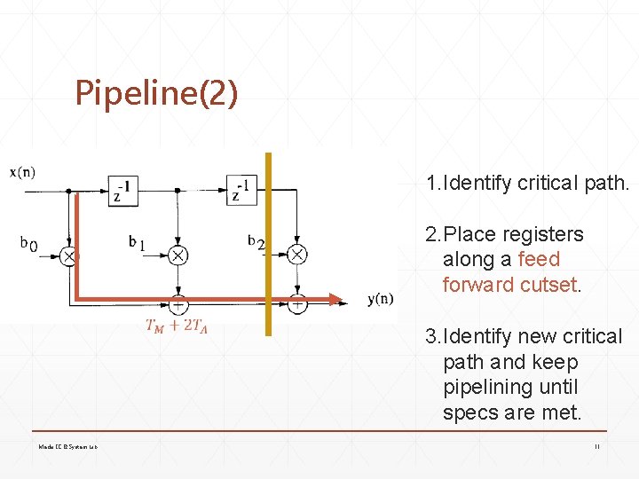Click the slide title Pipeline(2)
(156, 92)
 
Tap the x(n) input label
(23, 172)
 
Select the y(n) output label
(381, 299)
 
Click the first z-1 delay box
(123, 190)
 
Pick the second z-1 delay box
(241, 190)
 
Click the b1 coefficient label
(137, 241)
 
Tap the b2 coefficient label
(256, 241)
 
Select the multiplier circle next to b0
(68, 255)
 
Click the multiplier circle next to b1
(178, 255)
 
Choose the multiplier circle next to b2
(297, 255)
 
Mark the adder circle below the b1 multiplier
(178, 303)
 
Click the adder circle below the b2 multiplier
(297, 303)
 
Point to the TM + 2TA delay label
(177, 325)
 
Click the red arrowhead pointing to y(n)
(335, 299)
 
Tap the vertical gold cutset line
(268, 266)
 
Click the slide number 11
(597, 446)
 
